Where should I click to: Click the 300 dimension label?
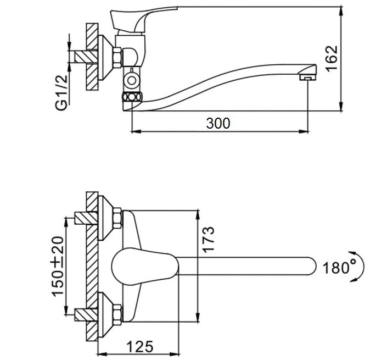point(218,123)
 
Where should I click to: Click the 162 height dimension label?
point(332,59)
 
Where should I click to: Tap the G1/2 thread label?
point(61,92)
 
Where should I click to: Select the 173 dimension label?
point(208,239)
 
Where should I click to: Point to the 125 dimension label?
point(140,347)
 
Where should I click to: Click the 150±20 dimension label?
point(58,266)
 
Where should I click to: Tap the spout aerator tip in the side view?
point(307,77)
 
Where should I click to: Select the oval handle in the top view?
point(145,267)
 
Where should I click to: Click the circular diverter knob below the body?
point(132,81)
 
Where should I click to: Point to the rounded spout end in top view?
point(311,266)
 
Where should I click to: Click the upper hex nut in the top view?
point(117,218)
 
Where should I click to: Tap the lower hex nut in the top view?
point(117,314)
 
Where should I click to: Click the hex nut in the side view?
point(117,57)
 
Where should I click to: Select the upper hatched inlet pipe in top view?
point(86,218)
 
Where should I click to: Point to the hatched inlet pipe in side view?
point(86,57)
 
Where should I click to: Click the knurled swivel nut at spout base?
point(132,97)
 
